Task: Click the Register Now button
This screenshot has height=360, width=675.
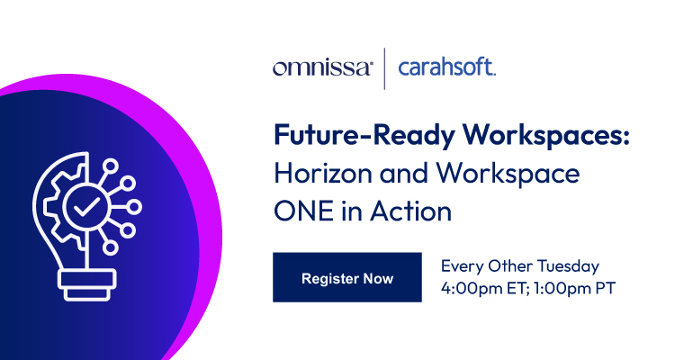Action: (347, 278)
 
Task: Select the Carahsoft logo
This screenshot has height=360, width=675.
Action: (446, 68)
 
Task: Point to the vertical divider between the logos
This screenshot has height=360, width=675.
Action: (385, 68)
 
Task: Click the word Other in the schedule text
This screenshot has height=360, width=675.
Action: (511, 267)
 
